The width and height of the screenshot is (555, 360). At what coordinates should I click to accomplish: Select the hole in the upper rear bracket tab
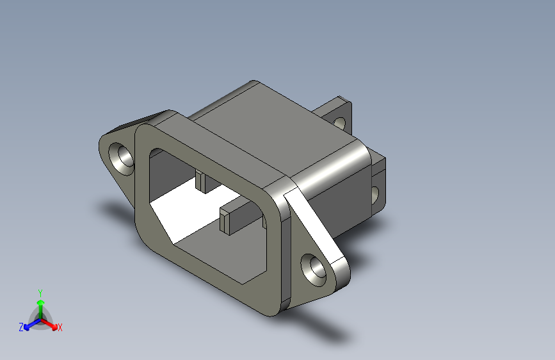click(339, 121)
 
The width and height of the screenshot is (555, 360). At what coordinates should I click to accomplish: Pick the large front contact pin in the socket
click(234, 218)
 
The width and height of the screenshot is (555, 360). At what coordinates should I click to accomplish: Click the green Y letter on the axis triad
click(40, 292)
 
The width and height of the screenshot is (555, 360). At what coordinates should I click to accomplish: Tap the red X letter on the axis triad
click(60, 328)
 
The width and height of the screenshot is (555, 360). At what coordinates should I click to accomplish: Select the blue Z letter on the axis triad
click(21, 327)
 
